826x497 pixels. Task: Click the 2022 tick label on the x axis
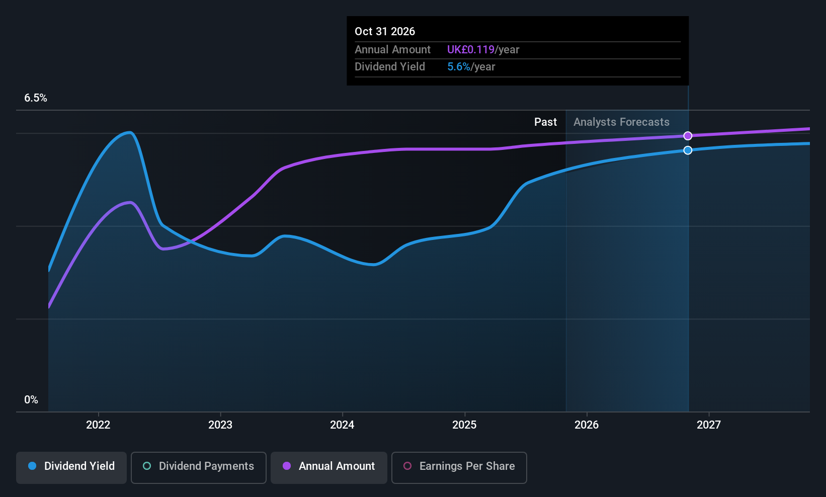tap(98, 425)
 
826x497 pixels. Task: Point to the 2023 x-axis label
tap(220, 425)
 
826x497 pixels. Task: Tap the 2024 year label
tap(342, 425)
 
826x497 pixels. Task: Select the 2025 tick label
tap(464, 425)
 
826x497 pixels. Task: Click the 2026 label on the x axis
tap(587, 425)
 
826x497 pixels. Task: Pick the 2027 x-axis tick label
tap(709, 425)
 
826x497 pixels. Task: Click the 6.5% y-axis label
tap(36, 98)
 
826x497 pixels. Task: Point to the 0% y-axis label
tap(31, 400)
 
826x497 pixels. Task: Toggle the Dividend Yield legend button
tap(71, 466)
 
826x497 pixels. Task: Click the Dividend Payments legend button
tap(198, 466)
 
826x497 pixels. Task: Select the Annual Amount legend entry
tap(329, 466)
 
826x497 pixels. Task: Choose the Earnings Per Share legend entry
tap(459, 466)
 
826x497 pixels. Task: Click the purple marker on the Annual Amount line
tap(688, 136)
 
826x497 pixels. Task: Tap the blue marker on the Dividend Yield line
tap(688, 150)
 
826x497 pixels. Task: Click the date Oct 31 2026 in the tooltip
tap(385, 31)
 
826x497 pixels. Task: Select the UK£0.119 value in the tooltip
tap(471, 50)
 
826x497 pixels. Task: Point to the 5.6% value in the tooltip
tap(458, 67)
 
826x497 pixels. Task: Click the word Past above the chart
tap(545, 122)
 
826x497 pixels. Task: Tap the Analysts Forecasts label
tap(621, 122)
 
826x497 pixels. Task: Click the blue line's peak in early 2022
tap(130, 133)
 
